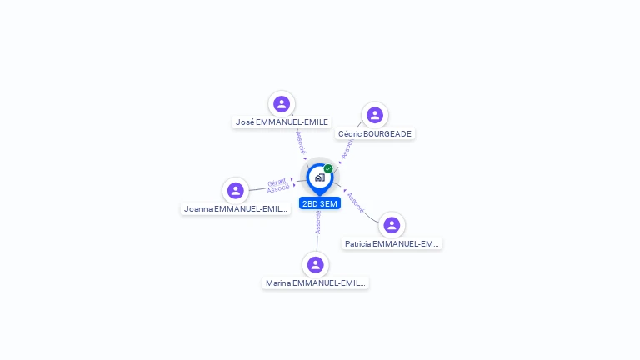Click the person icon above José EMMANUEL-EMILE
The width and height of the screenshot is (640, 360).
click(x=282, y=104)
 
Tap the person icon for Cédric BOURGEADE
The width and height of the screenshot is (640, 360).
click(x=375, y=115)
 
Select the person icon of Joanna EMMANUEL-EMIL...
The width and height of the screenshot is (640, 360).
click(x=236, y=191)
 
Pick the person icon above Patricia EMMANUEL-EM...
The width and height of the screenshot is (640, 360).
click(x=392, y=225)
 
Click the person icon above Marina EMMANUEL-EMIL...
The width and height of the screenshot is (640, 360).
click(x=315, y=265)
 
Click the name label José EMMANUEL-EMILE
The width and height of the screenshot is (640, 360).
click(x=282, y=122)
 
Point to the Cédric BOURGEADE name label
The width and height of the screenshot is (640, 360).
click(x=374, y=133)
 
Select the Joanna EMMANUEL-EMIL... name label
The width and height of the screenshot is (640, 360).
click(x=236, y=208)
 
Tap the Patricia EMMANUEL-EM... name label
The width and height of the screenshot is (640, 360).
click(x=392, y=243)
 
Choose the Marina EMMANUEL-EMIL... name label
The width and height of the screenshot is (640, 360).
click(x=315, y=283)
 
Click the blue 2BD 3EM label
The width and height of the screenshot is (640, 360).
click(x=320, y=203)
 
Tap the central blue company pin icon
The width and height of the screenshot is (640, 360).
click(x=319, y=177)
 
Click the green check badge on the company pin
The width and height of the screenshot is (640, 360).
click(x=328, y=169)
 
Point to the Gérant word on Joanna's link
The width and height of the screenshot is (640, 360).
click(x=277, y=182)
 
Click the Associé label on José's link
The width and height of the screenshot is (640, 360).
click(x=301, y=141)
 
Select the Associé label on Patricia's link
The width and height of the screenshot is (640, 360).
click(x=356, y=202)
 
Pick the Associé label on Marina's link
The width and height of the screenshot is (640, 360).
click(x=318, y=221)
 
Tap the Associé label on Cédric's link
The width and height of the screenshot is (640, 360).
click(x=347, y=147)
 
